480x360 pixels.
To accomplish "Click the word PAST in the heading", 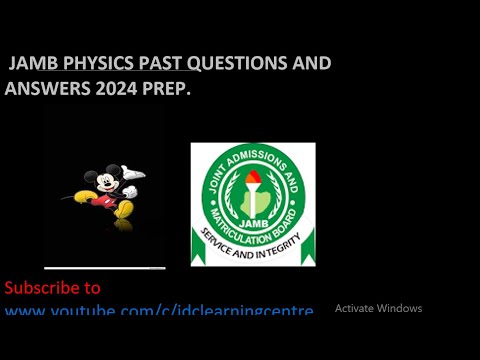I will pyautogui.click(x=159, y=64).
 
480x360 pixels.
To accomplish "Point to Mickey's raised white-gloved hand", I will pyautogui.click(x=134, y=174).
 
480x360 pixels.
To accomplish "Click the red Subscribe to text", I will pyautogui.click(x=53, y=288).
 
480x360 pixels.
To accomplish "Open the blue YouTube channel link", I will pyautogui.click(x=159, y=311).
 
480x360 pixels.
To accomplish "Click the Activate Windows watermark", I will pyautogui.click(x=378, y=308).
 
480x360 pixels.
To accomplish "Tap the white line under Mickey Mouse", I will pyautogui.click(x=105, y=268).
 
